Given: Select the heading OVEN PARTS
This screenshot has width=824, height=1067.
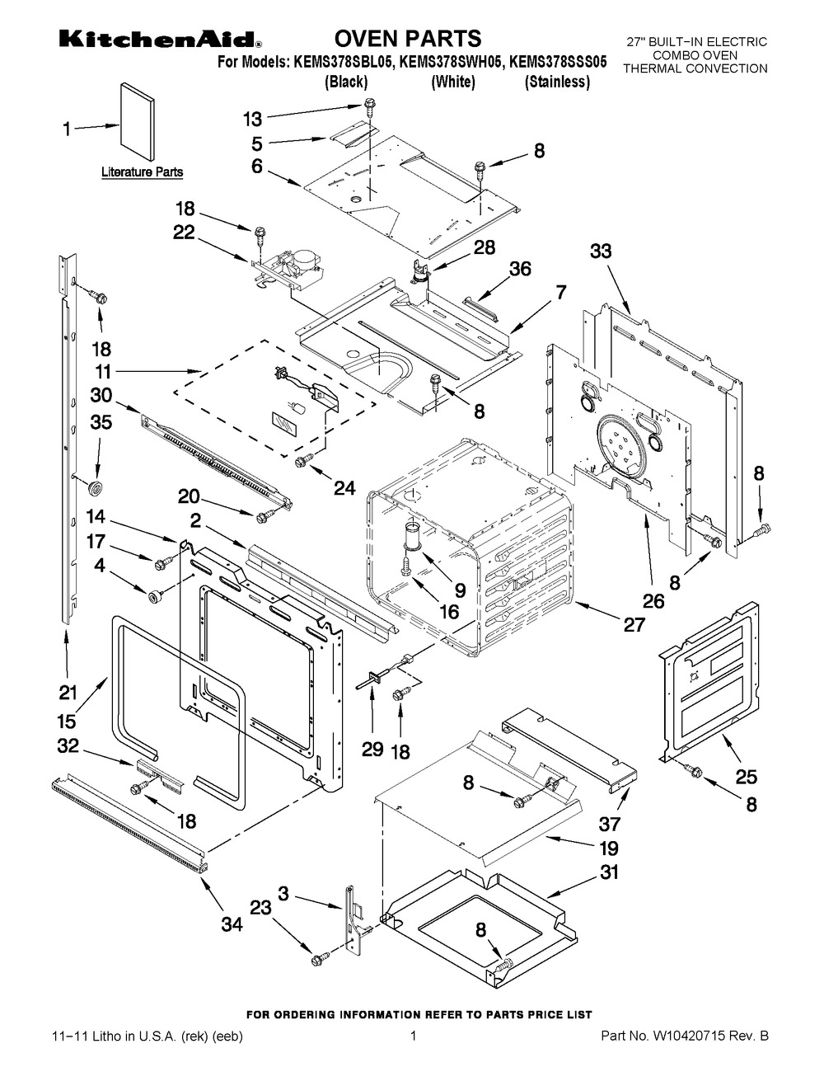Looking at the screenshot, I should [x=407, y=38].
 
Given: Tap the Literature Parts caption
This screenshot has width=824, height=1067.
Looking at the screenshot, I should [x=142, y=172].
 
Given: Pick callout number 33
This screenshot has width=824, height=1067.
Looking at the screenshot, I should [x=601, y=251].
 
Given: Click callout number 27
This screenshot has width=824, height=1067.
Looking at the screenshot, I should [x=634, y=624].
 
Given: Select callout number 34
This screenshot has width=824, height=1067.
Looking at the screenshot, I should [x=232, y=925].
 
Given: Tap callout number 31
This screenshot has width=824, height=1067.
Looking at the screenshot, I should [x=610, y=872].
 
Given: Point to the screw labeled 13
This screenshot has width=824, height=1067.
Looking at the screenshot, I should [x=371, y=106].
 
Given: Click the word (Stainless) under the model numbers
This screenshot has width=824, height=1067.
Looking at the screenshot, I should [x=558, y=81].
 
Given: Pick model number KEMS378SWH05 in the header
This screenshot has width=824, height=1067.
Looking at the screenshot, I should [x=452, y=61].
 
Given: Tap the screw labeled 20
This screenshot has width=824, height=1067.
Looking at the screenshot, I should [x=264, y=517].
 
